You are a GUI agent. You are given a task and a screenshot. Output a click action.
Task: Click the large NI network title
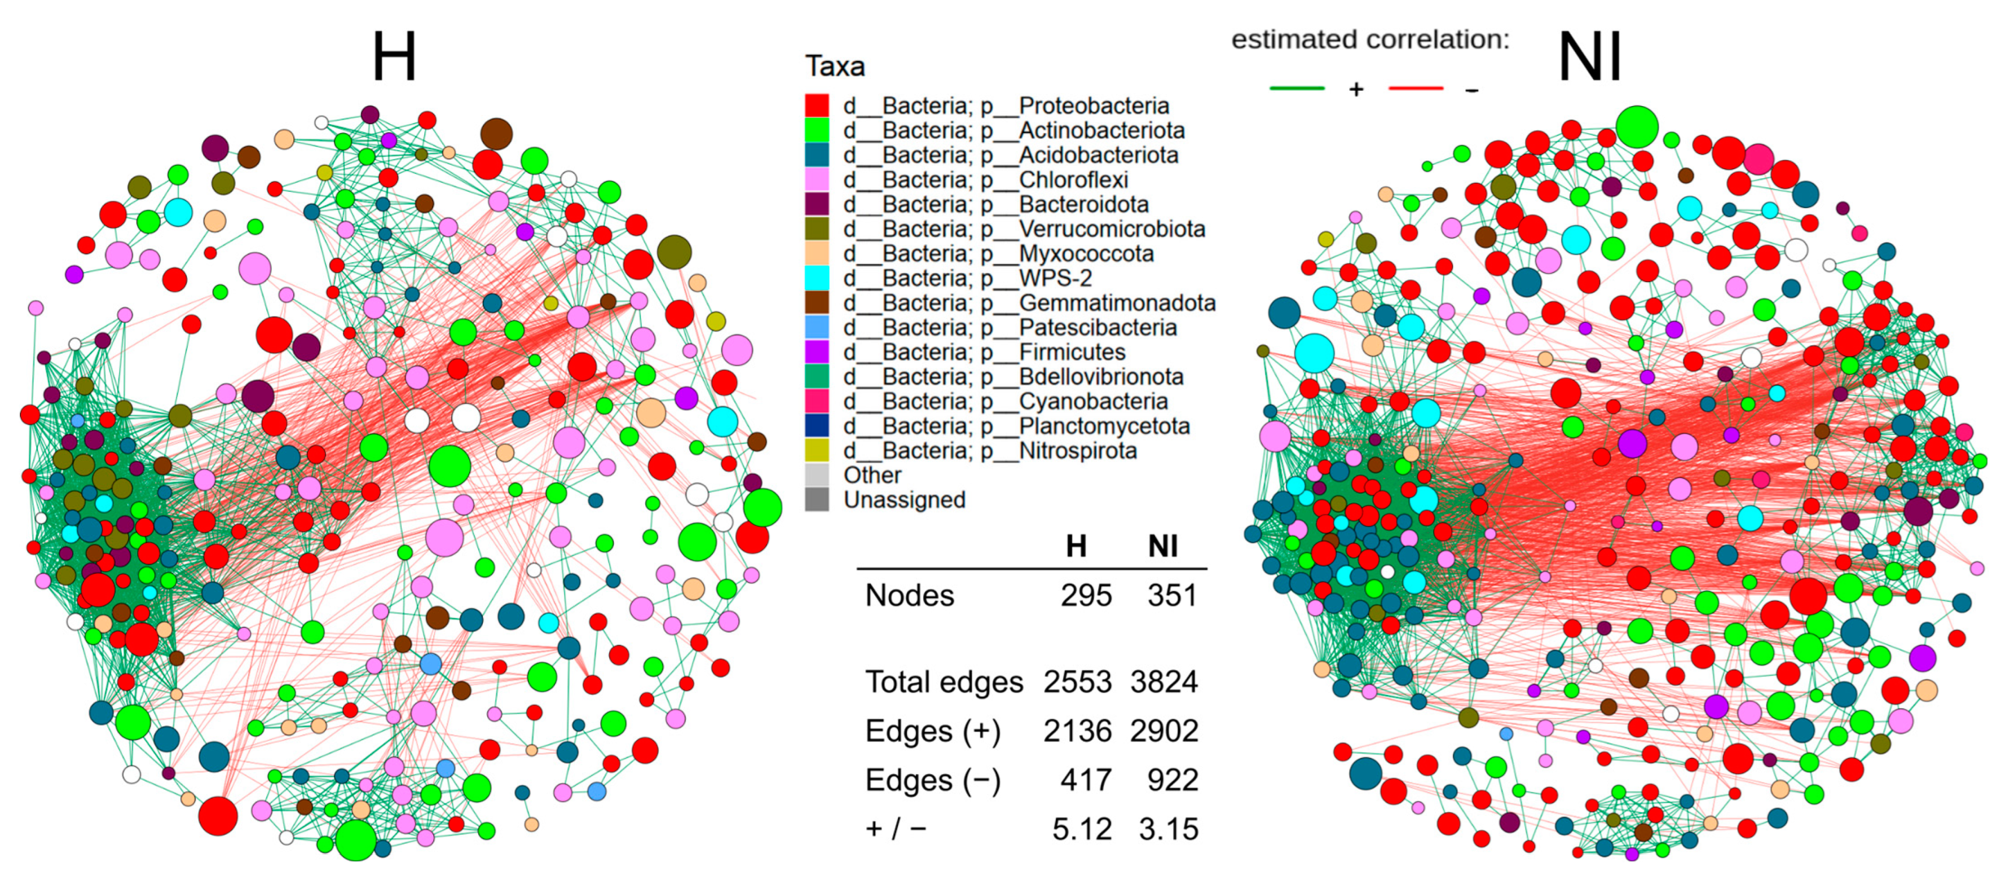[x=1589, y=58]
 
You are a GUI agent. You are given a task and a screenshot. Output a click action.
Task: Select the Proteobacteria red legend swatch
[x=817, y=105]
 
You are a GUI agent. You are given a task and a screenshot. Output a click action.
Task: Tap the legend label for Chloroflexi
[x=1073, y=179]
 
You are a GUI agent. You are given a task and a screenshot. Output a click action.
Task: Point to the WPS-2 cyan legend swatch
[x=817, y=278]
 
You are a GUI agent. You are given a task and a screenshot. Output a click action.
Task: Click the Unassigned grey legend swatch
[x=817, y=500]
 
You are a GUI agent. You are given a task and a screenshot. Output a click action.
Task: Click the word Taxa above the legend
[x=834, y=66]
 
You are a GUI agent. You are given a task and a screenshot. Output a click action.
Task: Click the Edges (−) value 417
[x=1086, y=780]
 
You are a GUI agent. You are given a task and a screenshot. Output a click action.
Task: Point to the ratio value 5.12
[x=1081, y=829]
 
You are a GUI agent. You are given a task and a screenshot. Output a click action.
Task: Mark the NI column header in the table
[x=1163, y=546]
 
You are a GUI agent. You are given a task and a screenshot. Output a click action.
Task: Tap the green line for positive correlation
[x=1297, y=89]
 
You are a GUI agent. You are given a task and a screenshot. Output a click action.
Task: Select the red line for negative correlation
[x=1415, y=89]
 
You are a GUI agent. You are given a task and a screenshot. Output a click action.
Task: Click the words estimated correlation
[x=1370, y=39]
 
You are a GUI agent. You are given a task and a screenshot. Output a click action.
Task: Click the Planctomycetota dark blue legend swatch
[x=817, y=426]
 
